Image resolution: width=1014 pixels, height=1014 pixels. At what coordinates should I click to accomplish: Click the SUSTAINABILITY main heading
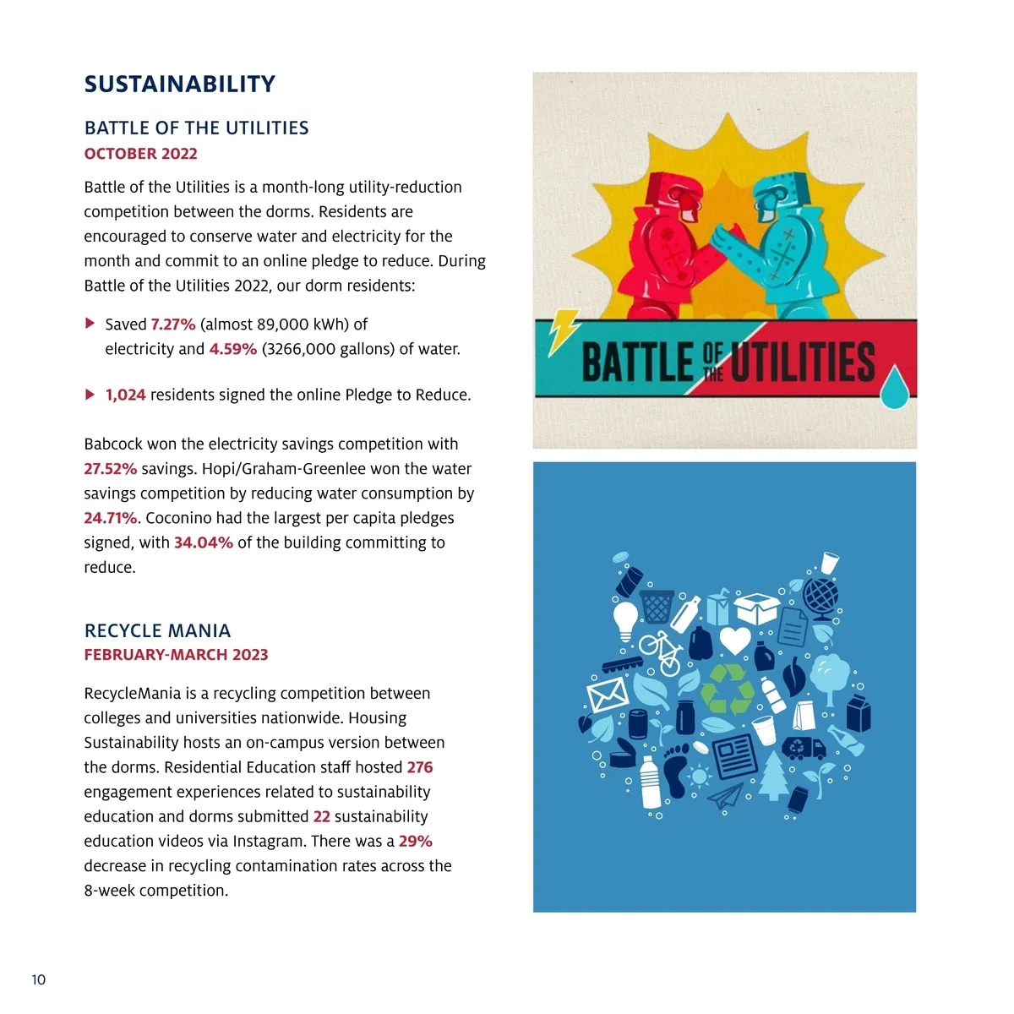179,84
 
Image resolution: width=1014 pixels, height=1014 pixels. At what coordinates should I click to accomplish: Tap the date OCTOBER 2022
140,154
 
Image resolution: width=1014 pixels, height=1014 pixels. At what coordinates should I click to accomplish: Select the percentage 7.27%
173,324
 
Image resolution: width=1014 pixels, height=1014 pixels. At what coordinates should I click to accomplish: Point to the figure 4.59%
232,349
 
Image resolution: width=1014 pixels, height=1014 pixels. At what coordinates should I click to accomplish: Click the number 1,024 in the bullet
125,395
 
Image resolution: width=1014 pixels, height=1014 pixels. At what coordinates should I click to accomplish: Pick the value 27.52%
110,469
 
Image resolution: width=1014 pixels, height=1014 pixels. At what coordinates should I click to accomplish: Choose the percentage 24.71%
110,518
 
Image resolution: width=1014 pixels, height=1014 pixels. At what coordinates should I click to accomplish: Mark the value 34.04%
203,542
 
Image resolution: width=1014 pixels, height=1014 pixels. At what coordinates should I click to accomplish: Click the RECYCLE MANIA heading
157,630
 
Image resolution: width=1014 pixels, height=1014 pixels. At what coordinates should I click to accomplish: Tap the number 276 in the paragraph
420,767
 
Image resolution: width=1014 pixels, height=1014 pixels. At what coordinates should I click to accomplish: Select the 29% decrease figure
416,842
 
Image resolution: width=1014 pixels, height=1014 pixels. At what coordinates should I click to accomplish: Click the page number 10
39,980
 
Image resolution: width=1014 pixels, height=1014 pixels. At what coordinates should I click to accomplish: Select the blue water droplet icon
896,389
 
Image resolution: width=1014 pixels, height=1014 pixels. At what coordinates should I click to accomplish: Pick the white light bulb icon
625,619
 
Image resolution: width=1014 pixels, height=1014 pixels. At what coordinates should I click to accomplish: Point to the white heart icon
734,640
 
